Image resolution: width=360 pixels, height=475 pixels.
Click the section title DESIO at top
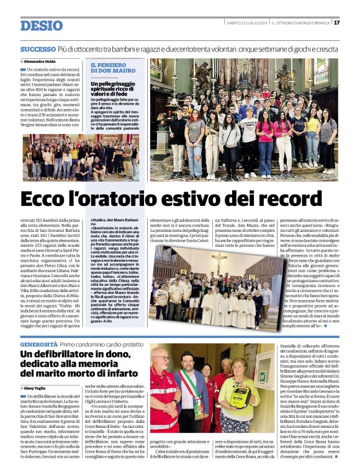[42, 25]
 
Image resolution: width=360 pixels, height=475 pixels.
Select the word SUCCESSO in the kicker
[37, 49]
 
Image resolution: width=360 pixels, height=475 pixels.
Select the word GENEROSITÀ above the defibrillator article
[38, 344]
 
